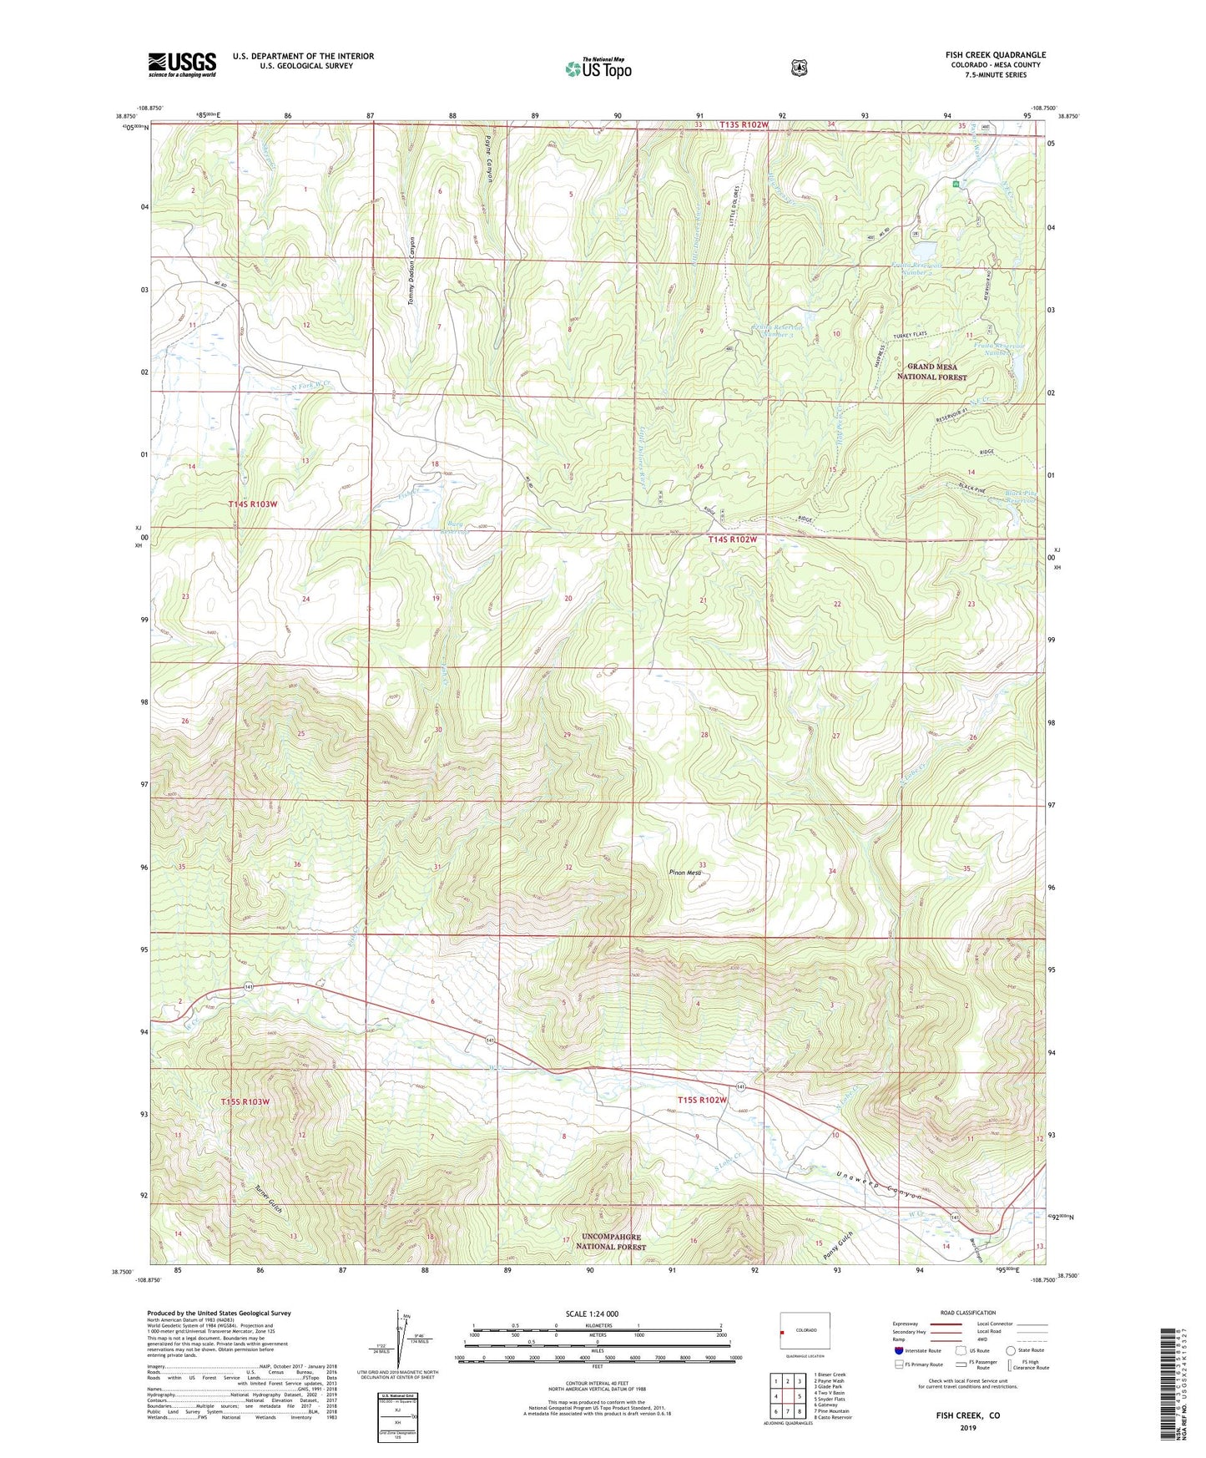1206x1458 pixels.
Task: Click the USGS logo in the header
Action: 182,64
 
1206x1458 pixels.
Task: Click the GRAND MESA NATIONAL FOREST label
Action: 931,372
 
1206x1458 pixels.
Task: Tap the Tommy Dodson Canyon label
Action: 411,271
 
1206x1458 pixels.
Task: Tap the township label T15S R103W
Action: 245,1101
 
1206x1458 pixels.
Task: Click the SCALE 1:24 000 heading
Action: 592,1314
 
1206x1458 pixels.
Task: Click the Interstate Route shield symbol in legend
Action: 898,1349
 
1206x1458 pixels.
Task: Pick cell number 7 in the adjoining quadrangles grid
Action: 787,1411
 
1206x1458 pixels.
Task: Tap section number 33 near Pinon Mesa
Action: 703,864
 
